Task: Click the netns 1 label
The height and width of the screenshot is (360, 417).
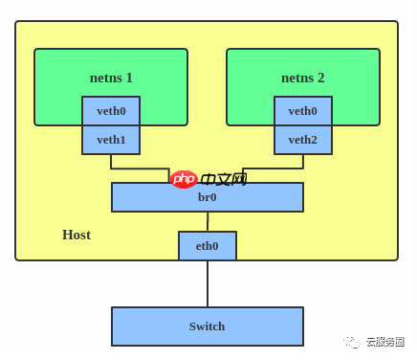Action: click(111, 78)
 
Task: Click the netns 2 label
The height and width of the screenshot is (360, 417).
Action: click(302, 78)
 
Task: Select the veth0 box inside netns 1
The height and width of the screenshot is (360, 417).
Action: click(111, 111)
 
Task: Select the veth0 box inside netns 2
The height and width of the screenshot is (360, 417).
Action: click(302, 111)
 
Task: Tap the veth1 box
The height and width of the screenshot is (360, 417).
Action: click(111, 140)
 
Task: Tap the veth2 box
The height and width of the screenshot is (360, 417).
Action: click(302, 140)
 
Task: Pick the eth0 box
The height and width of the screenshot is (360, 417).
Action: click(207, 246)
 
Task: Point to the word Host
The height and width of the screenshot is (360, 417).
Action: click(77, 235)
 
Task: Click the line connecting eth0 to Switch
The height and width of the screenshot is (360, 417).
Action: click(208, 283)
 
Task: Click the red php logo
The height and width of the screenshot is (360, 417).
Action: click(183, 179)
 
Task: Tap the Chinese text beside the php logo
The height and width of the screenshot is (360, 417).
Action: click(223, 179)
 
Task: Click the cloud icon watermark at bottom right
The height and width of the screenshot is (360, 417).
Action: click(353, 342)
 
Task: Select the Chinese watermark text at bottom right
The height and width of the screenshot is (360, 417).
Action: click(384, 342)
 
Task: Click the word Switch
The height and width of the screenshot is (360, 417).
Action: click(207, 326)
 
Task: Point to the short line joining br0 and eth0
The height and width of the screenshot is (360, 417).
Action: click(208, 221)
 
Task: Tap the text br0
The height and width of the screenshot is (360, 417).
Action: click(207, 197)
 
